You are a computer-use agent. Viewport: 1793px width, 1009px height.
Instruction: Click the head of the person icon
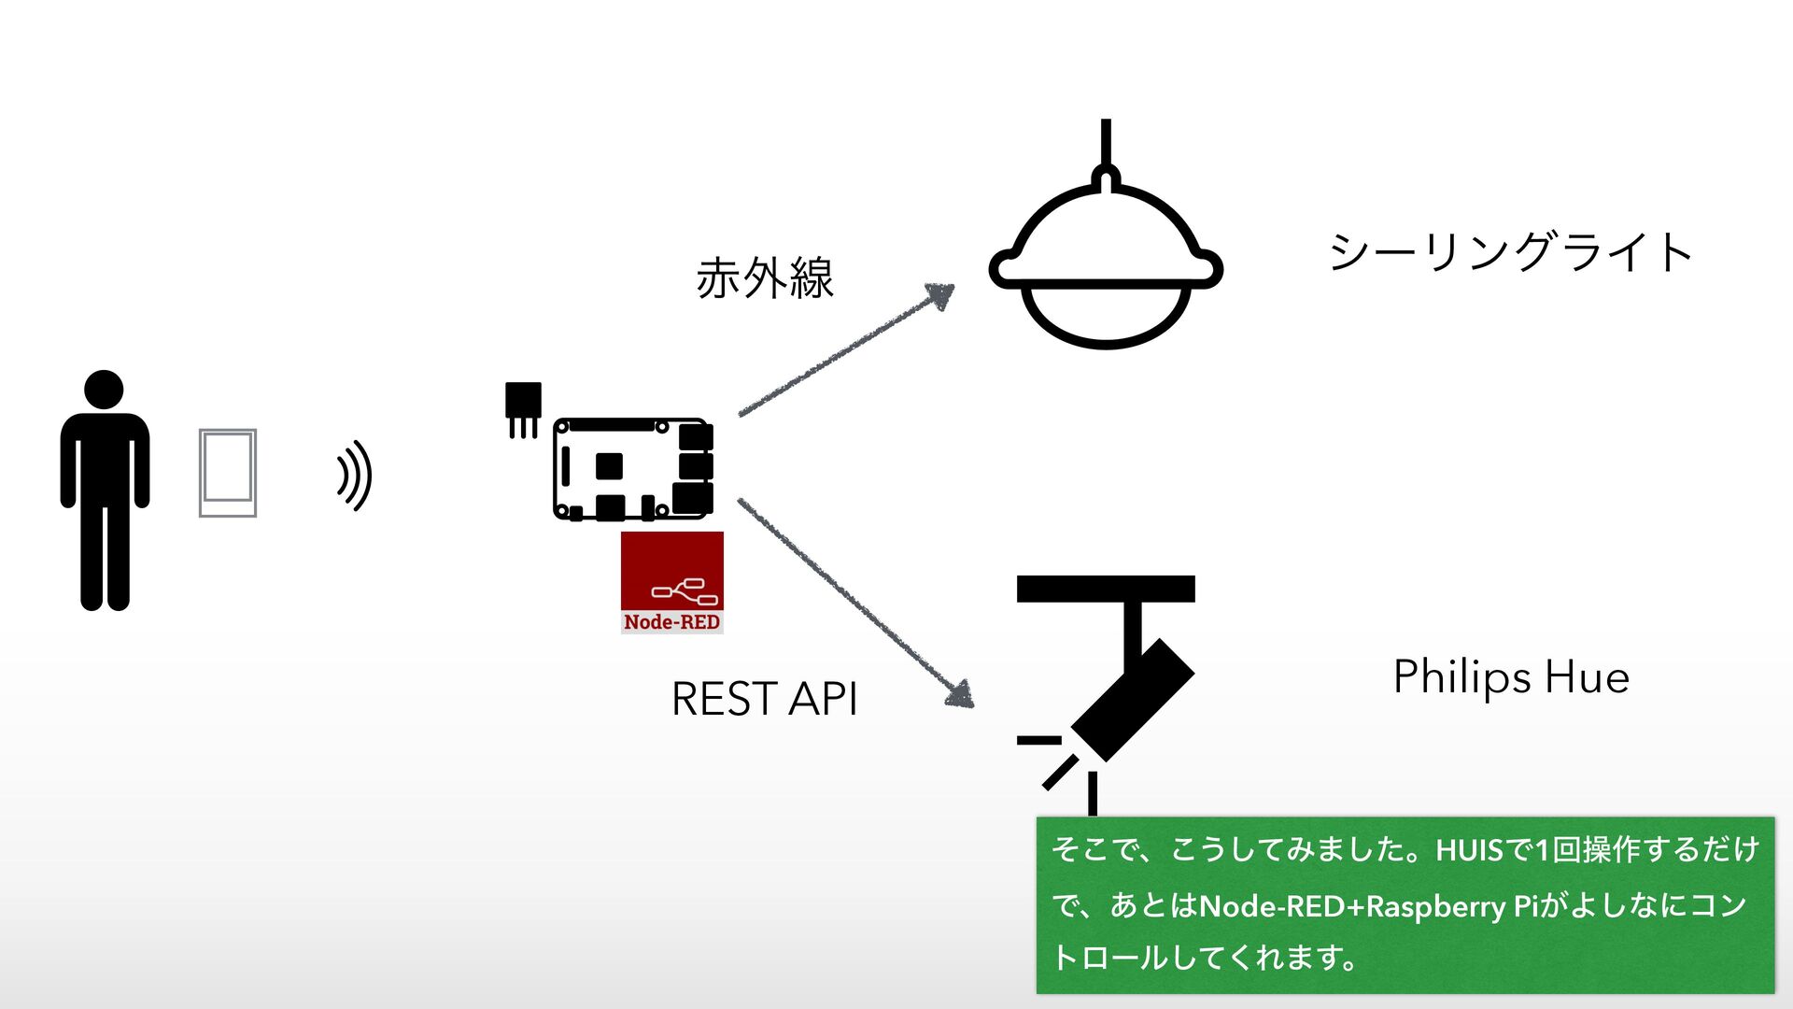(104, 389)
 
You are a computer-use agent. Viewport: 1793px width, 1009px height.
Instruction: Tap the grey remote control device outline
(228, 473)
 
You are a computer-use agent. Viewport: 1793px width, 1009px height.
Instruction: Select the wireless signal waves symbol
(355, 476)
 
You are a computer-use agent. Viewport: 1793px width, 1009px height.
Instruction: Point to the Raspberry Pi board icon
(633, 469)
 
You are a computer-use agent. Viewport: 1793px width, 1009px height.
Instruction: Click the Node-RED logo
(671, 582)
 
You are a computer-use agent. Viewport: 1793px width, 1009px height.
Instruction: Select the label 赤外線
(765, 278)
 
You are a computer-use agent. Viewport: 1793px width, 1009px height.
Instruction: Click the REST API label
(764, 699)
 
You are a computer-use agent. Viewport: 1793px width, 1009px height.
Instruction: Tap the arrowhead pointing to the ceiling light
(940, 295)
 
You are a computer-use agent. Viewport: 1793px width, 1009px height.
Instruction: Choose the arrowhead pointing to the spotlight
(960, 694)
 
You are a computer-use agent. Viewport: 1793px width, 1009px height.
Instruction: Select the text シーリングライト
(1510, 252)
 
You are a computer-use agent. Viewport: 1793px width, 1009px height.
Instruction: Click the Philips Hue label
(1511, 676)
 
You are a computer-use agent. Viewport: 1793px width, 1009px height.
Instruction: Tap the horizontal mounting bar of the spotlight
(1106, 589)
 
